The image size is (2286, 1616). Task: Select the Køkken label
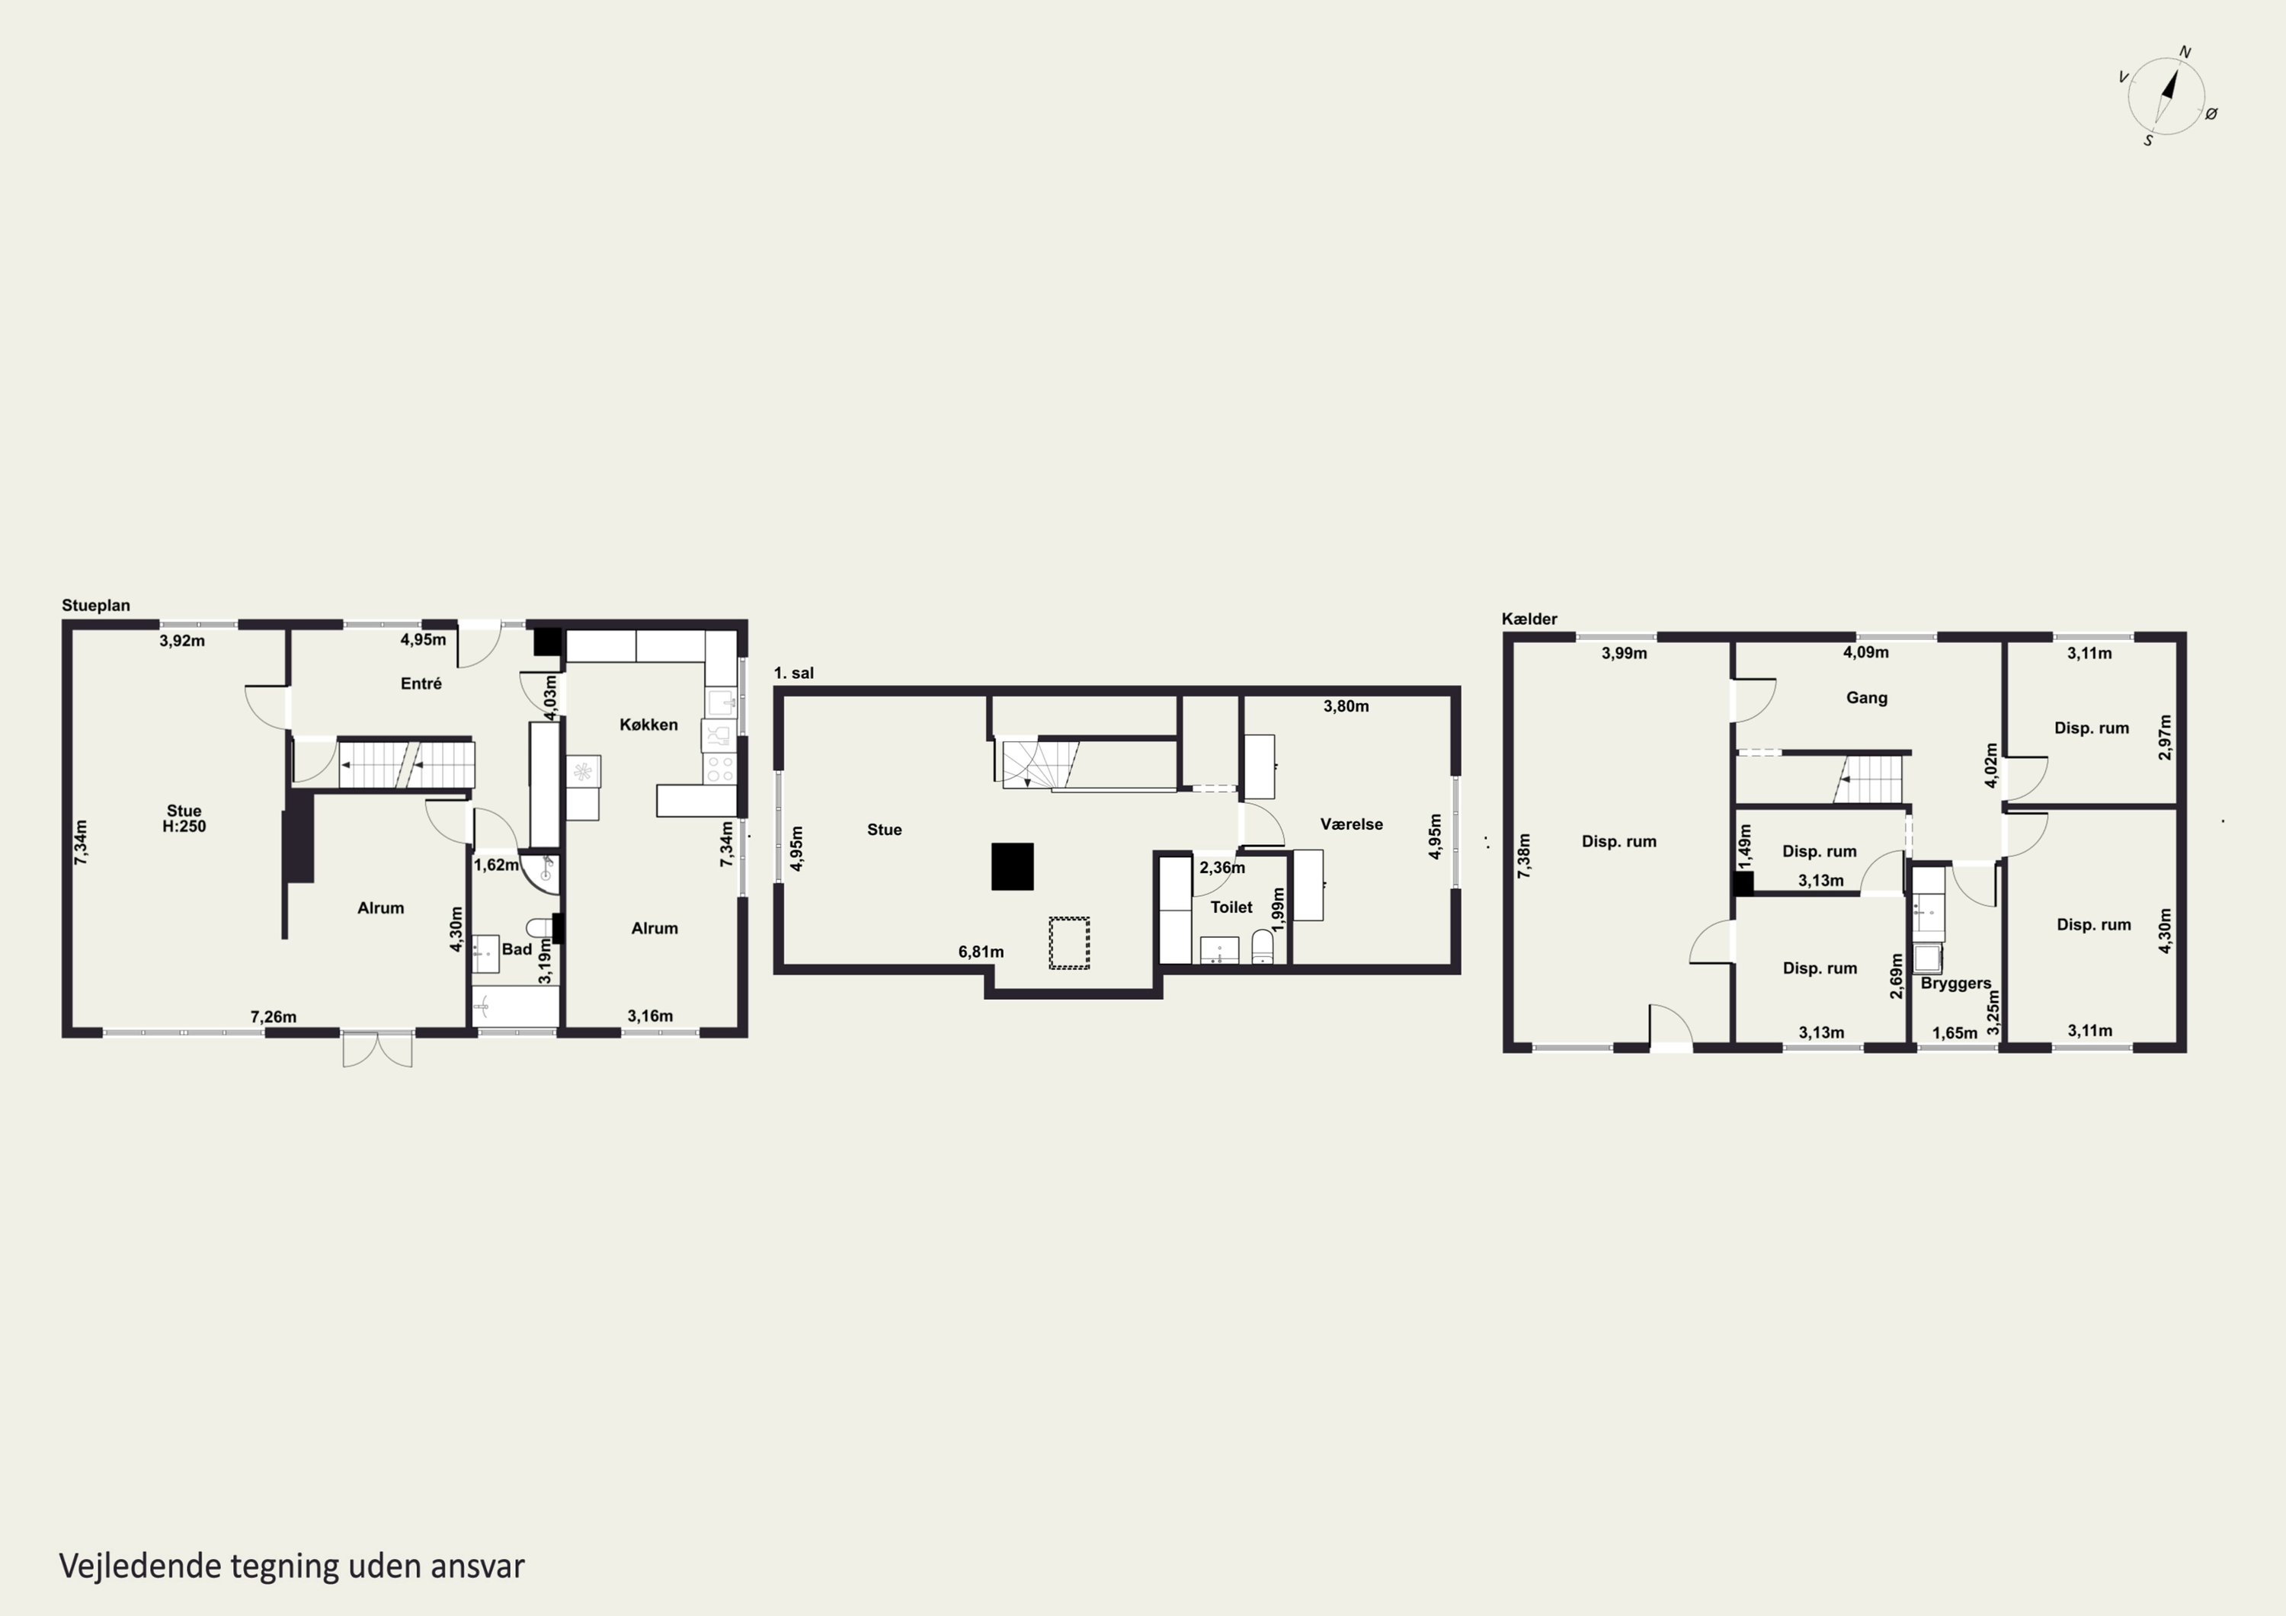pos(648,725)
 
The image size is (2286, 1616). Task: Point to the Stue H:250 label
pos(184,818)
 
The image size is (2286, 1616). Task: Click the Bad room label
pos(517,949)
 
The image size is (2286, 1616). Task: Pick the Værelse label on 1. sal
pos(1351,824)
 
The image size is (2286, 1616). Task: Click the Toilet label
pos(1231,907)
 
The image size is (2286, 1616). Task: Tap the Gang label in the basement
pos(1867,698)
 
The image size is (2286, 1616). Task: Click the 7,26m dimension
pos(273,1016)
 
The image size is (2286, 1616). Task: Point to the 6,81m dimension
pos(981,952)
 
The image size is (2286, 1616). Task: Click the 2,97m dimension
pos(2166,737)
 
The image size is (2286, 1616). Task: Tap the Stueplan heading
pos(95,606)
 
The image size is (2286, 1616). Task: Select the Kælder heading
pos(1529,619)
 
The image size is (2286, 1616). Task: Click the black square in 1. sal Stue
pos(1013,866)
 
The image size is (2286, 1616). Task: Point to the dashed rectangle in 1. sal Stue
pos(1069,943)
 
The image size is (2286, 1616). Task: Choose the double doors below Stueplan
pos(377,1049)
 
